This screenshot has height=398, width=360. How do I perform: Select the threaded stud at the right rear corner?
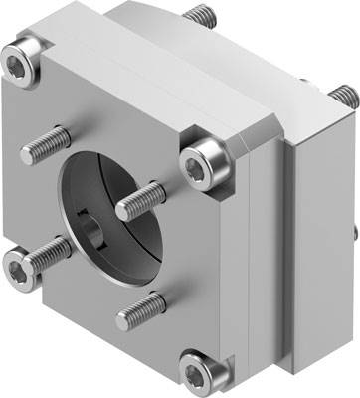(341, 97)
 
